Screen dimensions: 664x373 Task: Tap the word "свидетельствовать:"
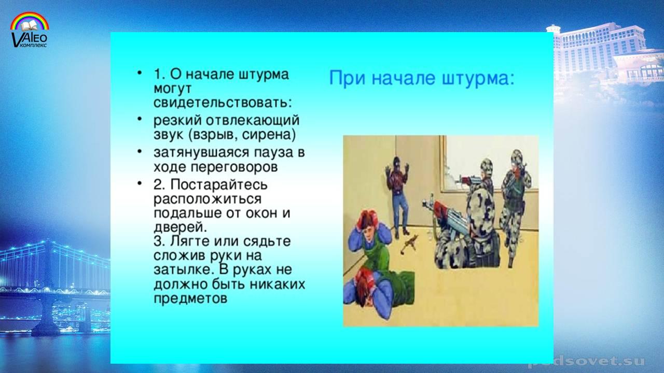point(223,102)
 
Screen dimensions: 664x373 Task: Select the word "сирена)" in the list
point(269,135)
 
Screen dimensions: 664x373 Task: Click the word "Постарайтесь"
point(219,185)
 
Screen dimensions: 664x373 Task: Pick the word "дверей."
point(180,227)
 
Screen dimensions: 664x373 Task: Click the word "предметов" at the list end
point(190,298)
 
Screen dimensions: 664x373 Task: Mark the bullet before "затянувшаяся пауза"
point(140,151)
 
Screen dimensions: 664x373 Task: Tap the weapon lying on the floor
point(409,243)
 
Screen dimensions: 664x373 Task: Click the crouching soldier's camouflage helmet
point(480,207)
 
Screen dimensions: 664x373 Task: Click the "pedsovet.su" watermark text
point(587,361)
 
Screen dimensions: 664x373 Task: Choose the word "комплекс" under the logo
point(33,45)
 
